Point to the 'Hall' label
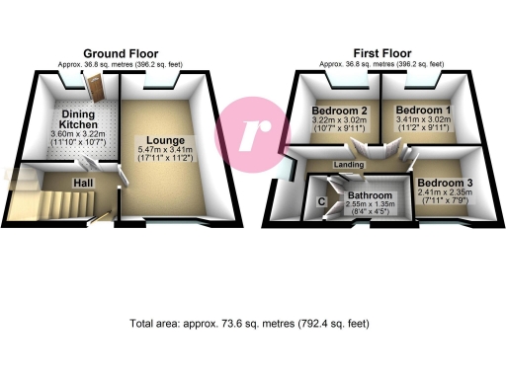81,183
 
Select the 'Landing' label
348,164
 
